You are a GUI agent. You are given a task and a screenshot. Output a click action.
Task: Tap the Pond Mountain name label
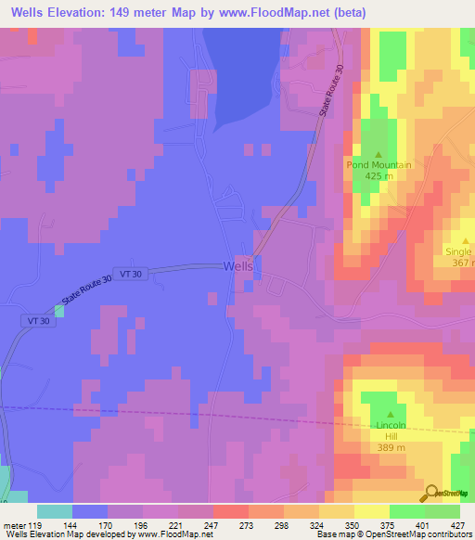[x=379, y=164]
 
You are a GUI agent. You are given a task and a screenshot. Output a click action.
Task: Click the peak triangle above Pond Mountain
[x=379, y=154]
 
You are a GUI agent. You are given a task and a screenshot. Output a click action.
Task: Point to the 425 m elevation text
[x=379, y=175]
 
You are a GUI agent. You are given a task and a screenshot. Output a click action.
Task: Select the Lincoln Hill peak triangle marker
[x=390, y=415]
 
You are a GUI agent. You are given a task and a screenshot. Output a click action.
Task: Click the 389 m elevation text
[x=390, y=447]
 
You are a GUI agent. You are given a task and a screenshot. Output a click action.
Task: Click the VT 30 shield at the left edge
[x=32, y=319]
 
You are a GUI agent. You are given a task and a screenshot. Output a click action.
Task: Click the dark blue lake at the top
[x=243, y=65]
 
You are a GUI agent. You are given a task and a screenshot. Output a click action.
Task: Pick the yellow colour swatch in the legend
[x=371, y=511]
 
